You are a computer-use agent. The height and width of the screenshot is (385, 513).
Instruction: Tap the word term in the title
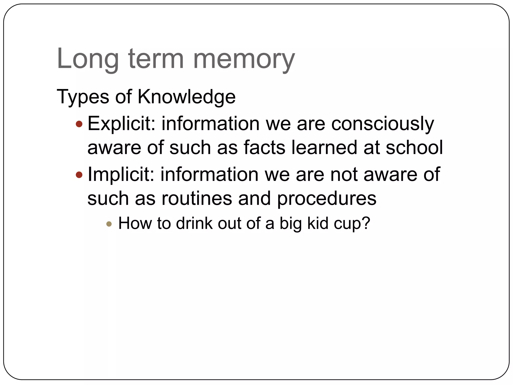tap(156, 59)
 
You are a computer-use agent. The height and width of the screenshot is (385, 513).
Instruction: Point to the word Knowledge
tap(187, 97)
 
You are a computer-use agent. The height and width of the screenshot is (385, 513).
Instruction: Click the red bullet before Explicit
tap(79, 124)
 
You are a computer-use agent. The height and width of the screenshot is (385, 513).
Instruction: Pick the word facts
tap(264, 148)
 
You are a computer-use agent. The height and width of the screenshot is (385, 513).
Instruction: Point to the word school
tap(414, 148)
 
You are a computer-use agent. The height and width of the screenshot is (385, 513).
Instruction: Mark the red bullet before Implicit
tap(79, 175)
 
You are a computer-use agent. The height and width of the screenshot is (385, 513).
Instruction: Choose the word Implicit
tap(121, 175)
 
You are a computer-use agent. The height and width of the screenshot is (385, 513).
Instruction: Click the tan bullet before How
tap(109, 224)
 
